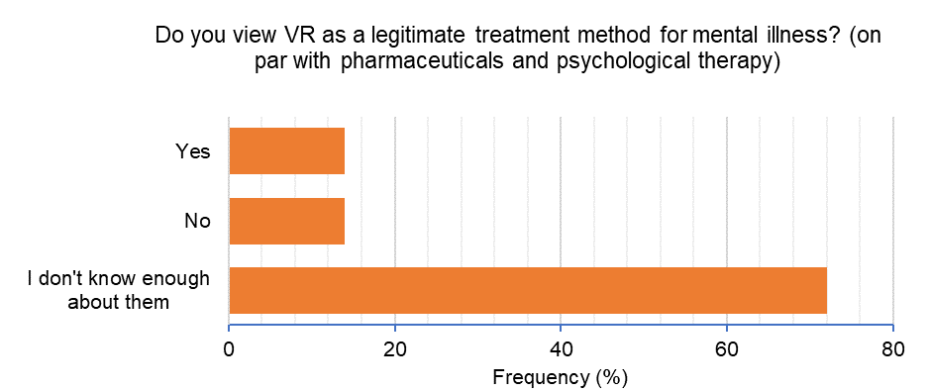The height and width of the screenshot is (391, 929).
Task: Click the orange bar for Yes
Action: tap(286, 151)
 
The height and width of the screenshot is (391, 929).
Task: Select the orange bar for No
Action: tap(286, 221)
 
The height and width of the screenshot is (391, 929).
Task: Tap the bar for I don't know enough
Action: tap(527, 290)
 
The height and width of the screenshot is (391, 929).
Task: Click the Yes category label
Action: tap(193, 151)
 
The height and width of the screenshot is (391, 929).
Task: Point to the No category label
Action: tap(197, 221)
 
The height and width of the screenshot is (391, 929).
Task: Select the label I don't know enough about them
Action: tap(118, 290)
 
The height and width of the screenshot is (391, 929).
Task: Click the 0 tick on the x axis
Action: tap(229, 348)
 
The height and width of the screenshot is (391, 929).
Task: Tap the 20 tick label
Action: tap(395, 348)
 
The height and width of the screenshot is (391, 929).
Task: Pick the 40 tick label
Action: tap(561, 348)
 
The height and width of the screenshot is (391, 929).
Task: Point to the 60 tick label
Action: tap(727, 348)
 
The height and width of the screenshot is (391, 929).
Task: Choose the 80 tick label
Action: tap(892, 348)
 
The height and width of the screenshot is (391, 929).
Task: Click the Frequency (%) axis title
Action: tap(561, 377)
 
